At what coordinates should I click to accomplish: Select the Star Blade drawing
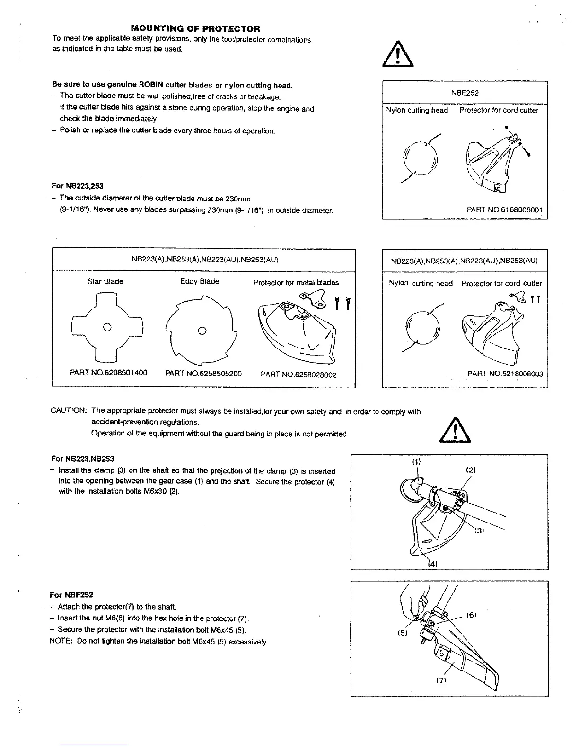coord(107,327)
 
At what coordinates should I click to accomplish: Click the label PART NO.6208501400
coord(108,373)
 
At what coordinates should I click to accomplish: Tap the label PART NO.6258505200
coord(203,374)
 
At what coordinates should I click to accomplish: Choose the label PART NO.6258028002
coord(298,375)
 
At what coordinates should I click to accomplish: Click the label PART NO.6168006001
coord(504,209)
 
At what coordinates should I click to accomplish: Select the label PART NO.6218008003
coord(505,374)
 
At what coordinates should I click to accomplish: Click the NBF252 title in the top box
coord(465,93)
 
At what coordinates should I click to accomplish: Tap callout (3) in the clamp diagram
coord(478,531)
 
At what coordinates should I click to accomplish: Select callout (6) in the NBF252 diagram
coord(471,615)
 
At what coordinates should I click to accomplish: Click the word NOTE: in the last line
coord(60,641)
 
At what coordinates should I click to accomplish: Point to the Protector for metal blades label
coord(296,283)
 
